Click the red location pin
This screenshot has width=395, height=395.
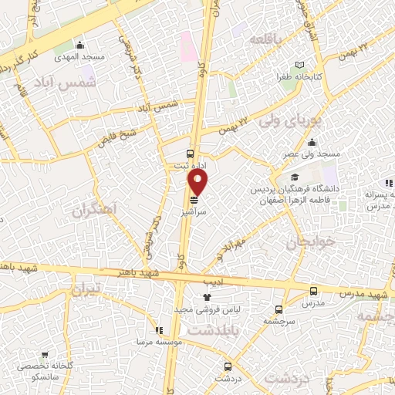tap(198, 182)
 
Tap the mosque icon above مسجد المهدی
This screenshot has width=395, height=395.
tap(80, 44)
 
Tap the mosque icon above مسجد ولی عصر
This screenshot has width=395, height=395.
tap(312, 142)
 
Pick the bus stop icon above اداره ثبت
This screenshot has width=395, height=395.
tap(191, 152)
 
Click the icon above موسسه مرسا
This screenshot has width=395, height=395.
tap(158, 329)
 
